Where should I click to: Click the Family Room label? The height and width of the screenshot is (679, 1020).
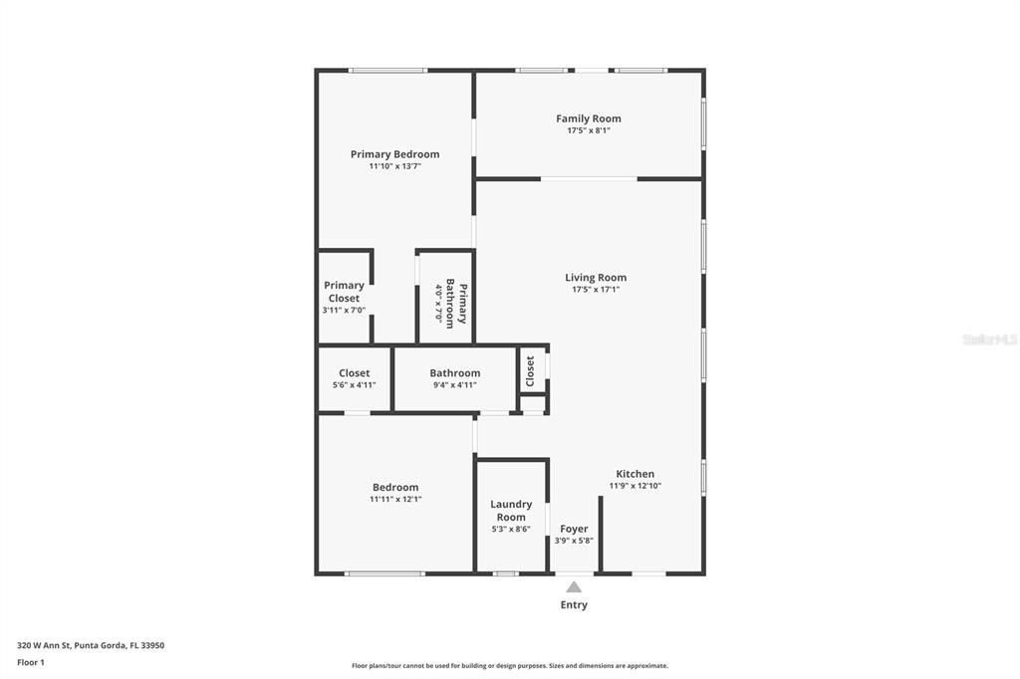pyautogui.click(x=588, y=118)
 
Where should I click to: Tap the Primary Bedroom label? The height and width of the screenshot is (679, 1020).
pyautogui.click(x=394, y=154)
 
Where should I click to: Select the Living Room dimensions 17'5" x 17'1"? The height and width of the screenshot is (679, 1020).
pyautogui.click(x=596, y=290)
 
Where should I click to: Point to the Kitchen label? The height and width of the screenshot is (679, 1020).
pyautogui.click(x=636, y=474)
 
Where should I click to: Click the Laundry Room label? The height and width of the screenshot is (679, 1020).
pyautogui.click(x=511, y=511)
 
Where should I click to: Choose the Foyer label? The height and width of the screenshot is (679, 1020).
pyautogui.click(x=574, y=529)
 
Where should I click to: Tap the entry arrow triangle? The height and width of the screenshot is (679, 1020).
pyautogui.click(x=574, y=587)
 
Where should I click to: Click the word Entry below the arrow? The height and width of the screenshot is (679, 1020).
pyautogui.click(x=574, y=604)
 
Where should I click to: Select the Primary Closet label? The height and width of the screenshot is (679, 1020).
pyautogui.click(x=344, y=292)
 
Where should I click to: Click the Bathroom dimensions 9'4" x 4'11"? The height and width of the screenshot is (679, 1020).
pyautogui.click(x=455, y=385)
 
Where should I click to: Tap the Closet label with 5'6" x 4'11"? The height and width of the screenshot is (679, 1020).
pyautogui.click(x=354, y=373)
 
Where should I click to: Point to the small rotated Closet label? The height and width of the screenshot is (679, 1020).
pyautogui.click(x=530, y=370)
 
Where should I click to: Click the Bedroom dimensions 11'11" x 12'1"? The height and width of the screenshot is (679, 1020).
pyautogui.click(x=395, y=500)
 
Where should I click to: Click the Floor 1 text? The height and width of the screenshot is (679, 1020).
pyautogui.click(x=31, y=662)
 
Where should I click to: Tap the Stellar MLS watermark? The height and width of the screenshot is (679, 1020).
pyautogui.click(x=989, y=339)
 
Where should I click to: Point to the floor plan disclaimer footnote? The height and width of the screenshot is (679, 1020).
pyautogui.click(x=510, y=666)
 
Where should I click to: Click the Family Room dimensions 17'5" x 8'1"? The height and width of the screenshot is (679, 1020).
pyautogui.click(x=588, y=130)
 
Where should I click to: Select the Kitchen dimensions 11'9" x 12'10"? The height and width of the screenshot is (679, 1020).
pyautogui.click(x=636, y=486)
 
